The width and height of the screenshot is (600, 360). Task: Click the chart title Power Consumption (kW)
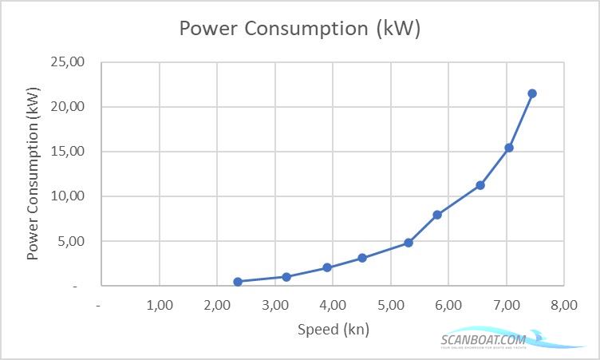coord(299,29)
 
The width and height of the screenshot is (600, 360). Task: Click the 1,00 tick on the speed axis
coord(160,305)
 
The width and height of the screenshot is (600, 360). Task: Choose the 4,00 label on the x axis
coord(333,305)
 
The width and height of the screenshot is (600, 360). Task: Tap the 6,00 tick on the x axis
coord(448,305)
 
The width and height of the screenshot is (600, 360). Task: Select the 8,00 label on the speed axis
coord(563,305)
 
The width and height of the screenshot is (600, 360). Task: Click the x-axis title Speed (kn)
coord(333,329)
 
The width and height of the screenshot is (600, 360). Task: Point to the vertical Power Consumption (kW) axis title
coord(34,174)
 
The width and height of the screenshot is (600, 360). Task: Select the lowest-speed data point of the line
coord(238,281)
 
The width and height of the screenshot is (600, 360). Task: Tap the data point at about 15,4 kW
coord(509,148)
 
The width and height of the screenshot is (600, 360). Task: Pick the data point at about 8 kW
coord(437,215)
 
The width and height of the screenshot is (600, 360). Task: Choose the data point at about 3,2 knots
coord(286,277)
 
